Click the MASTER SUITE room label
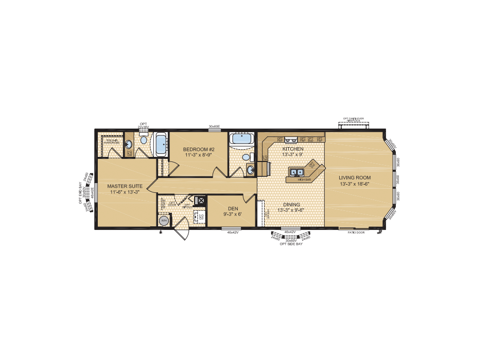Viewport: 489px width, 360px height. (126, 186)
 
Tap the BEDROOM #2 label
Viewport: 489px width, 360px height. (199, 150)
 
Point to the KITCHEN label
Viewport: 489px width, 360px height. (289, 149)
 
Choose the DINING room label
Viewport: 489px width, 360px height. (288, 205)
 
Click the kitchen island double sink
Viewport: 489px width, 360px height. (297, 172)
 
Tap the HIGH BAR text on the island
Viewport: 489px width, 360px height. (305, 179)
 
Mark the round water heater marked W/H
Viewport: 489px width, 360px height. (164, 221)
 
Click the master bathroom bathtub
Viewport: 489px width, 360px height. (161, 144)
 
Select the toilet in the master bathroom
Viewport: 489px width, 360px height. (144, 139)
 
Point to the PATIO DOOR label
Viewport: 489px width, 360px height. (356, 232)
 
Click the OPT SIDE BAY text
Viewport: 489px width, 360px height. (291, 244)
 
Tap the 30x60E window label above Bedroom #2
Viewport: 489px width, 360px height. (214, 127)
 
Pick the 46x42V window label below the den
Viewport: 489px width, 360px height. (234, 232)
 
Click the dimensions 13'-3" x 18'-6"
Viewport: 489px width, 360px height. (355, 184)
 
